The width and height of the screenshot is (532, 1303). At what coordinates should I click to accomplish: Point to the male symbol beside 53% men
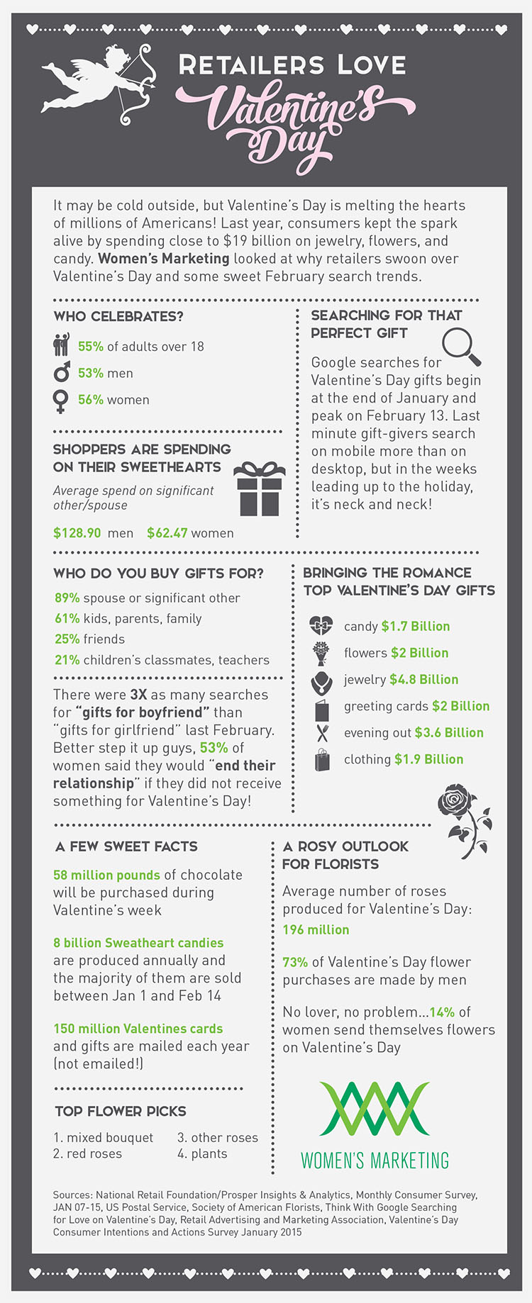(62, 372)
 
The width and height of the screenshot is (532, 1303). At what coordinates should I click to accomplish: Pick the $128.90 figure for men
(77, 533)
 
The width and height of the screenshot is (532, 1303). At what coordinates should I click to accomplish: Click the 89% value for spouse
(67, 598)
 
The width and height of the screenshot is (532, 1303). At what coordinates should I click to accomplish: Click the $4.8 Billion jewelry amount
(423, 680)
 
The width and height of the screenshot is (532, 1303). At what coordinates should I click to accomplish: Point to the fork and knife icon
(322, 733)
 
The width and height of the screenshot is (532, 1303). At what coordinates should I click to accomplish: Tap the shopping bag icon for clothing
(322, 760)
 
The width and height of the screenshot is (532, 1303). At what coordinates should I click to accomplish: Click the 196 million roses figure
(316, 929)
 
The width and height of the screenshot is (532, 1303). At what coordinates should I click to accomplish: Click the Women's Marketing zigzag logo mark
(375, 1109)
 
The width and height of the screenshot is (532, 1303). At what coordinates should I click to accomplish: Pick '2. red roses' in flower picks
(87, 1154)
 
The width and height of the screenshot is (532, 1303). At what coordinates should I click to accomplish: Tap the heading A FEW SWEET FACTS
(126, 846)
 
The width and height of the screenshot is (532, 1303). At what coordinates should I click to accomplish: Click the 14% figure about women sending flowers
(442, 1012)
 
